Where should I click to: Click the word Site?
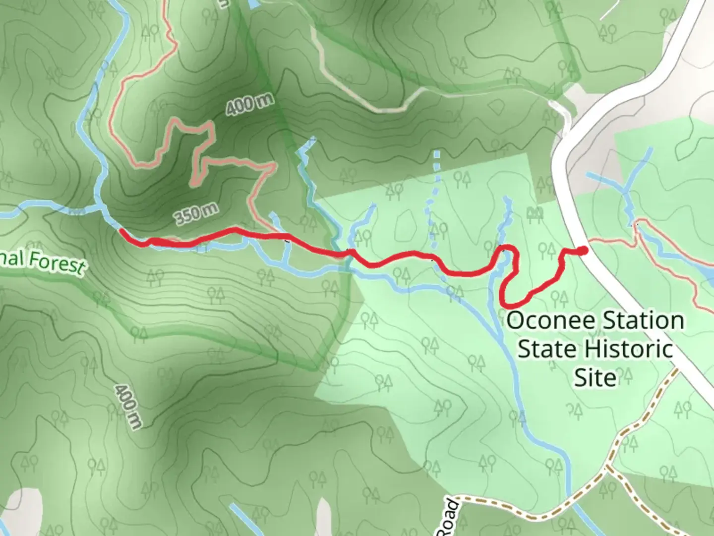tap(595, 378)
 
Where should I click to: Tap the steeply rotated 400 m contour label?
tap(128, 406)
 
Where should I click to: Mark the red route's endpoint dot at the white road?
tap(583, 251)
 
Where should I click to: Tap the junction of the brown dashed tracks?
tap(608, 467)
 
